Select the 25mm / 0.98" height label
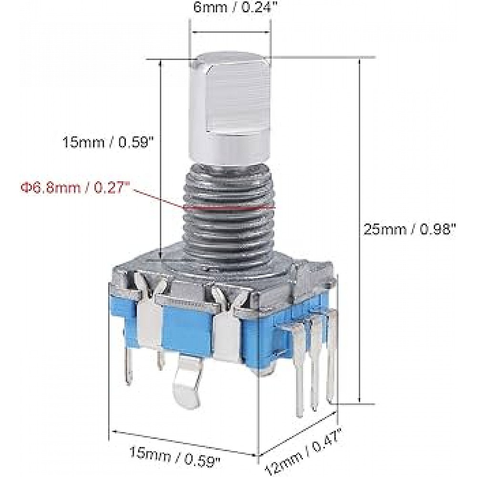410,229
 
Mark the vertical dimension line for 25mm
359,229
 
